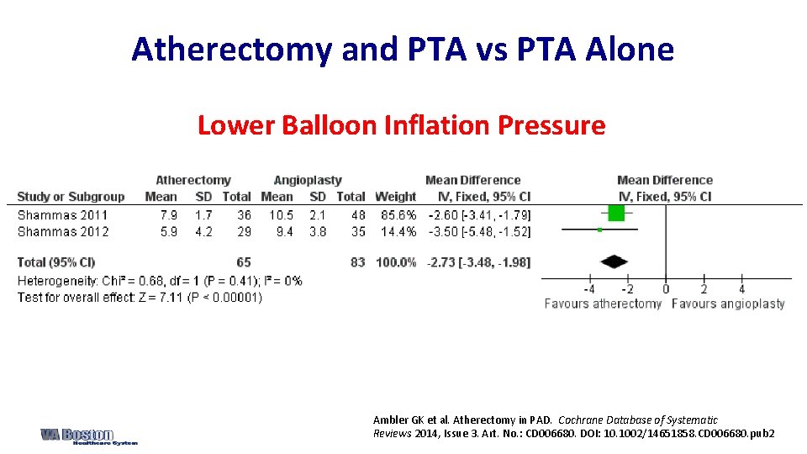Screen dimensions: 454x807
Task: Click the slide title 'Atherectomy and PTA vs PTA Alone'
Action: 403,50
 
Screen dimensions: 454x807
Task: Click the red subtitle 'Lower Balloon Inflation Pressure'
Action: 401,125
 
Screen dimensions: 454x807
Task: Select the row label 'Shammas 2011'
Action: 62,215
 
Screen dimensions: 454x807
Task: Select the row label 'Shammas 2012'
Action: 62,231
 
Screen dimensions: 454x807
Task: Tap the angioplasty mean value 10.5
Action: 281,215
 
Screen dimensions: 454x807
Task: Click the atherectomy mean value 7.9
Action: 168,215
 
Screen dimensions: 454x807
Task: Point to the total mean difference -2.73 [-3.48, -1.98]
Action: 478,262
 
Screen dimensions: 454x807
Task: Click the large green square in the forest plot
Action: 616,214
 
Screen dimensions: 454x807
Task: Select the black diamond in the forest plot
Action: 614,261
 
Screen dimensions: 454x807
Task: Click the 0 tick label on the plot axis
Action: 665,289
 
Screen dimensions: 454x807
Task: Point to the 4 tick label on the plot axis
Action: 741,289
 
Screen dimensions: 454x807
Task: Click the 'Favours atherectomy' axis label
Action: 603,304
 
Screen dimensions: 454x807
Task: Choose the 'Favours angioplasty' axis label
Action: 728,304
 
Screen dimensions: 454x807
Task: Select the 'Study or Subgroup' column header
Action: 71,197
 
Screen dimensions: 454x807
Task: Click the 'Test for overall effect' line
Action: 140,297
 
